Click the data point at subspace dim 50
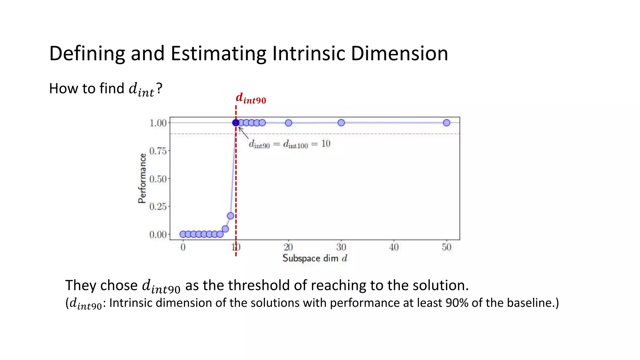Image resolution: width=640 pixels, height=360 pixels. point(447,123)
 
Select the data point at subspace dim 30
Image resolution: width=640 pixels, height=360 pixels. point(341,123)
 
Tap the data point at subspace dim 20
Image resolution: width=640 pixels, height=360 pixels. point(288,123)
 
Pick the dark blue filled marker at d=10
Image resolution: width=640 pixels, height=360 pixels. point(236,122)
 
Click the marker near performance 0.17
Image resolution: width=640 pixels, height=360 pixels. point(231,216)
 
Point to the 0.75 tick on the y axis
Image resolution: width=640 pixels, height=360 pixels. point(158,151)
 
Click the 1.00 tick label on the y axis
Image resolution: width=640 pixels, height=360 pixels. point(158,123)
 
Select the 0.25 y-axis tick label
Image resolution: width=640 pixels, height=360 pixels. point(158,207)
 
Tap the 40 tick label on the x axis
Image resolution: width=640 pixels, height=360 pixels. point(394,247)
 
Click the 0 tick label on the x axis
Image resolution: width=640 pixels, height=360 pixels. point(183,247)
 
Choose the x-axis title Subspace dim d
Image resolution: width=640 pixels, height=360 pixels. point(315,258)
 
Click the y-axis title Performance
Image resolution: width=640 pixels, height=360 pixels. point(142,178)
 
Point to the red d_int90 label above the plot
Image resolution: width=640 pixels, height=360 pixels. point(251,98)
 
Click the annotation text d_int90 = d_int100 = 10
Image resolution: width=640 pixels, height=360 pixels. point(289,144)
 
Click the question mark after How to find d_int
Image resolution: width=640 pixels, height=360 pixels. point(159,88)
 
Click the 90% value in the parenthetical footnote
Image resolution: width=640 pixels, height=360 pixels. point(457,303)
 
